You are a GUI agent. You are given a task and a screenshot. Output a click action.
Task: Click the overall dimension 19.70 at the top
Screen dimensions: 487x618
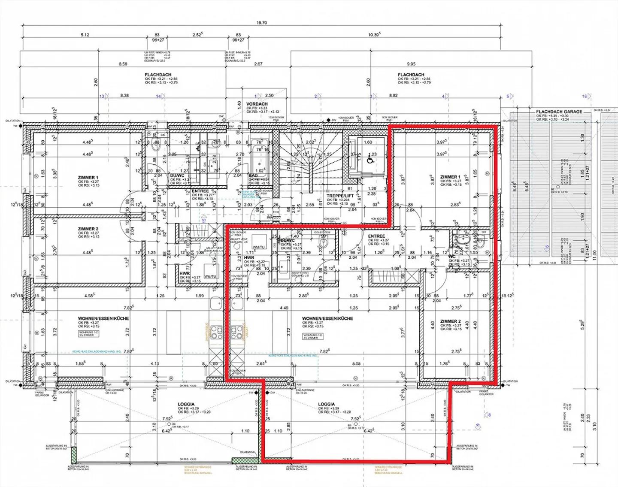pyautogui.click(x=261, y=23)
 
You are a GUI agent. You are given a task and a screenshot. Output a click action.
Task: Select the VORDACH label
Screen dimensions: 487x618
pyautogui.click(x=257, y=104)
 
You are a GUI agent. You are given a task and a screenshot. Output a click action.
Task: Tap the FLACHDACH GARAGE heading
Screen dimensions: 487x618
pyautogui.click(x=559, y=112)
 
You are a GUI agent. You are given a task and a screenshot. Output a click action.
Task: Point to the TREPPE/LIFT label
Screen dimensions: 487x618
pyautogui.click(x=340, y=196)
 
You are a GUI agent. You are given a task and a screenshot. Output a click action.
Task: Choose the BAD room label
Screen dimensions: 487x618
pyautogui.click(x=253, y=175)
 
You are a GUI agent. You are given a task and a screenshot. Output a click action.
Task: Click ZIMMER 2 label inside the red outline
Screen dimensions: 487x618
pyautogui.click(x=450, y=321)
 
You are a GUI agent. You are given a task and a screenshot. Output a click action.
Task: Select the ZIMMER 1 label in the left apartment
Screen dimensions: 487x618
pyautogui.click(x=88, y=178)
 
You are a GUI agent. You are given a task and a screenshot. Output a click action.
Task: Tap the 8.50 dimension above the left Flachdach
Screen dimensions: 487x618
pyautogui.click(x=123, y=64)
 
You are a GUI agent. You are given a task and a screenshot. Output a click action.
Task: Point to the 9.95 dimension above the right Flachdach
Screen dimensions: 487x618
pyautogui.click(x=411, y=64)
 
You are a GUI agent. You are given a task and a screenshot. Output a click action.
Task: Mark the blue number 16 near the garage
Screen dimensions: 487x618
pyautogui.click(x=584, y=97)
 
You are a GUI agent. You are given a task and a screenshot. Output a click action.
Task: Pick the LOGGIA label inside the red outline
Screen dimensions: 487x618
pyautogui.click(x=326, y=404)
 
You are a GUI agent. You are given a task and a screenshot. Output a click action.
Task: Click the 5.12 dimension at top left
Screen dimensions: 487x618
pyautogui.click(x=85, y=35)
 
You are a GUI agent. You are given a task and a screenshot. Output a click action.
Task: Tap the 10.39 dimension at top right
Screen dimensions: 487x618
pyautogui.click(x=374, y=35)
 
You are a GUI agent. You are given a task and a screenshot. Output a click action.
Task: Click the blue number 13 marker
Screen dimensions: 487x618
pyautogui.click(x=102, y=97)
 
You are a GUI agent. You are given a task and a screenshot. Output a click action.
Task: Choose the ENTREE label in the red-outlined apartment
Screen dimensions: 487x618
pyautogui.click(x=376, y=236)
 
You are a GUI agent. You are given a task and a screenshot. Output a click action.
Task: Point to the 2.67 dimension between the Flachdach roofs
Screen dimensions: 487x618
pyautogui.click(x=258, y=64)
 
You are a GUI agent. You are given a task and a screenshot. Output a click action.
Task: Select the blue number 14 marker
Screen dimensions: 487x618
pyautogui.click(x=158, y=97)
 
